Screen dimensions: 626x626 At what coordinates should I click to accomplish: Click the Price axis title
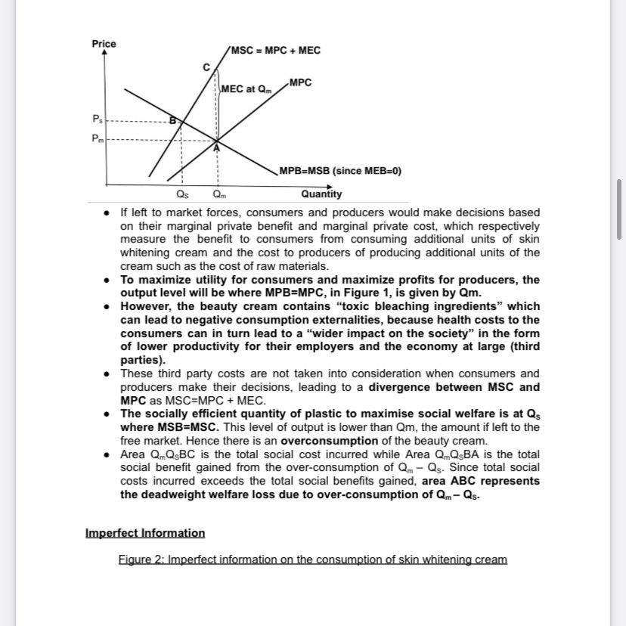pos(104,44)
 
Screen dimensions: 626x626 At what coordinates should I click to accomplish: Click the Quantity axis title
pos(321,194)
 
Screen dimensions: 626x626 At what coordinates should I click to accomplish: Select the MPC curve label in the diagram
pos(300,82)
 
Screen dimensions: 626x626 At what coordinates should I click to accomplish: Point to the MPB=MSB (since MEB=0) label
pos(340,170)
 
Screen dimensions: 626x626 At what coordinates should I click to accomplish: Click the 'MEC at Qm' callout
pos(245,89)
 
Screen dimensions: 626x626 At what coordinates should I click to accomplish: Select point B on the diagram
pos(172,120)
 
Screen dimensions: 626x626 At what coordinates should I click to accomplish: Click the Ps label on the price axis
pos(96,119)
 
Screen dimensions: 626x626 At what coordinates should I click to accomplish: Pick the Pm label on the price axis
pos(96,139)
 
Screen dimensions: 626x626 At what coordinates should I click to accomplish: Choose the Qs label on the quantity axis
pos(181,194)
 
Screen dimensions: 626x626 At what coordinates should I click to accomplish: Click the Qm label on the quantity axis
pos(218,194)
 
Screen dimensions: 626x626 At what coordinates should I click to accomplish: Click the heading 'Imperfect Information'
pos(145,533)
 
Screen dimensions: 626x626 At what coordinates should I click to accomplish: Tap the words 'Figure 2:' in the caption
pos(141,559)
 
